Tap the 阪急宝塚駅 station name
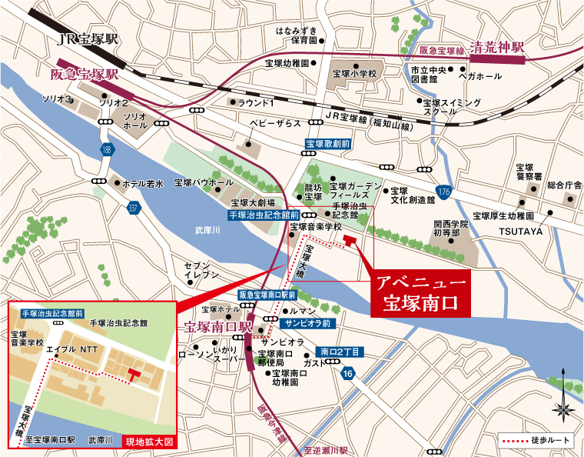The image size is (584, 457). (84, 75)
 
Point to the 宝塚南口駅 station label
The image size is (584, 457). (218, 326)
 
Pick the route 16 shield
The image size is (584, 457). (348, 374)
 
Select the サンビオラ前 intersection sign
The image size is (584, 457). (306, 323)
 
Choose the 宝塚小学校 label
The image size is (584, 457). (354, 74)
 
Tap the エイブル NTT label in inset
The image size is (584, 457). (69, 349)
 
